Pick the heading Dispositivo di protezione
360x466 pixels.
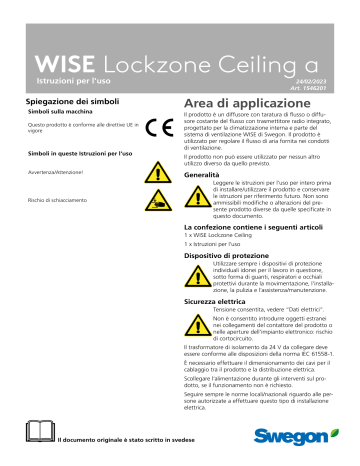[x=236, y=257]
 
